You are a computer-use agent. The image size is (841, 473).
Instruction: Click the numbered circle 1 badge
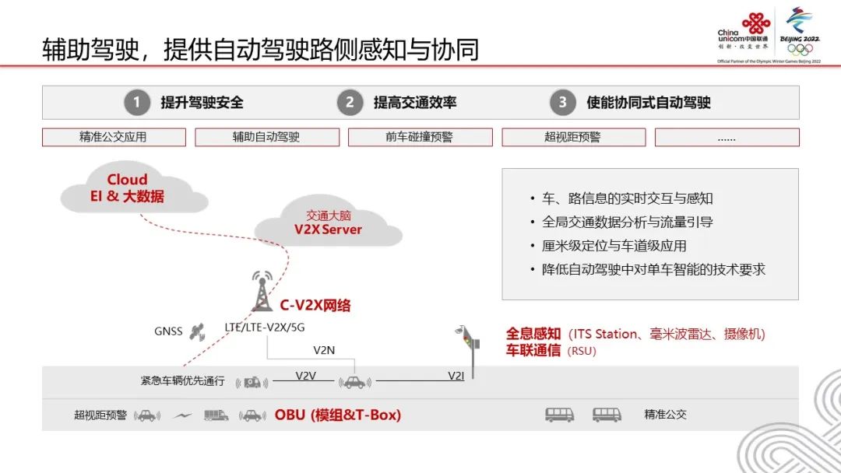(137, 103)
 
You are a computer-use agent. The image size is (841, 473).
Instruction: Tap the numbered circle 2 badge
(350, 103)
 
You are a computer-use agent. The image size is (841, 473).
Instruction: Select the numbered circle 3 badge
(562, 103)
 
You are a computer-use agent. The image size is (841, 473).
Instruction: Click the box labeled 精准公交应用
(114, 138)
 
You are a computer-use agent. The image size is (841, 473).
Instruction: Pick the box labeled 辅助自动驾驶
(266, 138)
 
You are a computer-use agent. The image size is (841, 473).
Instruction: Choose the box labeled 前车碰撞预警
(420, 138)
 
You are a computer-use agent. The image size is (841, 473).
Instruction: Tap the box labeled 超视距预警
(573, 138)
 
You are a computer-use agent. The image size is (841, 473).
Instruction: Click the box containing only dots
(727, 138)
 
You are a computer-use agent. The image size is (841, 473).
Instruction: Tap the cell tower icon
(262, 291)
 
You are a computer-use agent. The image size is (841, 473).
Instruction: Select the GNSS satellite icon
(198, 331)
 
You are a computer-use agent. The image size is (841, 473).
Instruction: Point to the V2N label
(324, 350)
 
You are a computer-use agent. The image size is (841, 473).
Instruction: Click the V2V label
(305, 376)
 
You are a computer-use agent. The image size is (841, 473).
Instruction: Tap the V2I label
(456, 376)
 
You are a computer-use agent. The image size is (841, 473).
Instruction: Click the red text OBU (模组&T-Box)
(338, 415)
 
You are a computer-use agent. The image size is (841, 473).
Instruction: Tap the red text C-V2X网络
(315, 306)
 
